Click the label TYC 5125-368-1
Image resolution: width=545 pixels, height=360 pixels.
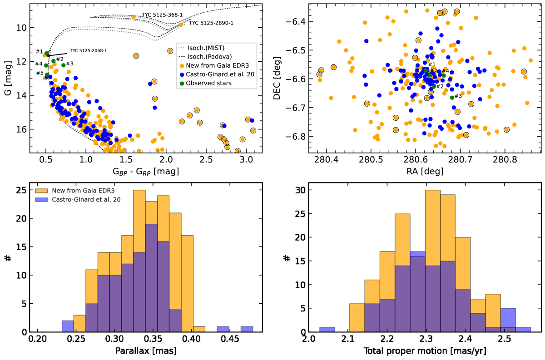click(x=159, y=15)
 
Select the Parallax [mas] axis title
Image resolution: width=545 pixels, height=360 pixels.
click(x=146, y=351)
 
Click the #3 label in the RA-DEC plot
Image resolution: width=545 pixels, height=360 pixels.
click(x=458, y=96)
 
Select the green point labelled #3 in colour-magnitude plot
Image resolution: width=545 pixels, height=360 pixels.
click(x=64, y=65)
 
